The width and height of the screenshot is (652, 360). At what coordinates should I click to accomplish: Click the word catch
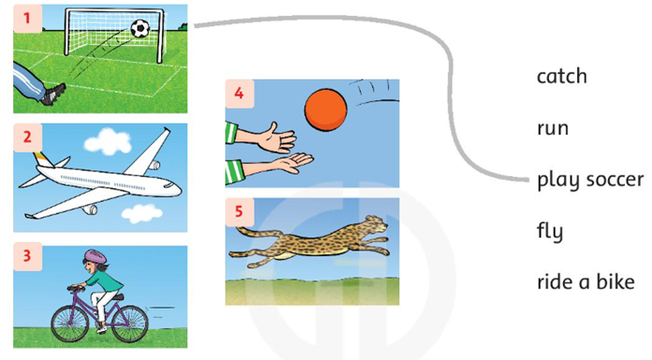coord(562,76)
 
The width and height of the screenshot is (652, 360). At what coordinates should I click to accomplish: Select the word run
coord(553,128)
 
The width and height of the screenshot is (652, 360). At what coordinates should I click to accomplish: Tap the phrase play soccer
coord(590,180)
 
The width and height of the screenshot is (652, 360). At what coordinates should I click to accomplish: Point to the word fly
coord(550,231)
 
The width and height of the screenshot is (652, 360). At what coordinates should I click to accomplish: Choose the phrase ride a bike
coord(586,281)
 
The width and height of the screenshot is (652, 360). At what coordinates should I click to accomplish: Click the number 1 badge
coord(27,19)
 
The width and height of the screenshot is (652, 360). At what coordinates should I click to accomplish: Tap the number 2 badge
coord(27,137)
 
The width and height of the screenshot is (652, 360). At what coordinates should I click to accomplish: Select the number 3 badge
coord(27,256)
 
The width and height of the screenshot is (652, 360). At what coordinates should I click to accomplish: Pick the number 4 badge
coord(239,94)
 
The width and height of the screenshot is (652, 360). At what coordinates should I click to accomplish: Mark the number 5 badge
coord(239,211)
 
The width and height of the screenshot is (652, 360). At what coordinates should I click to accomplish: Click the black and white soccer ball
coord(140,29)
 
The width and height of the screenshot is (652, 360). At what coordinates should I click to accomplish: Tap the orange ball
coord(326,109)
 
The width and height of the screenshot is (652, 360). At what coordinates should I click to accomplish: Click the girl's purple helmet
coord(96,255)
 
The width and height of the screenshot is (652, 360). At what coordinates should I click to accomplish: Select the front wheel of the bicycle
coord(70,324)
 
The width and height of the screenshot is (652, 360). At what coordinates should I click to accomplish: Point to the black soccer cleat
coord(53,94)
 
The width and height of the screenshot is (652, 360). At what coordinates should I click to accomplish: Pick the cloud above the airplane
coord(108,141)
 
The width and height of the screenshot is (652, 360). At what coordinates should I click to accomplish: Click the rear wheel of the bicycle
coord(130,324)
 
